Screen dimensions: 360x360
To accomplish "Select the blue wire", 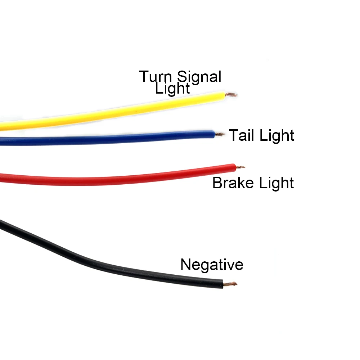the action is pos(108,137).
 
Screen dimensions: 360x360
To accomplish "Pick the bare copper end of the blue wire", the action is pos(220,134).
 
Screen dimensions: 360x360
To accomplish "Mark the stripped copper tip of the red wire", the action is pos(240,167).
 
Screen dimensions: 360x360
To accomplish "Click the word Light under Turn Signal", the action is pos(172,88).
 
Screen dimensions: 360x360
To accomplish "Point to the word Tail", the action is pos(242,135).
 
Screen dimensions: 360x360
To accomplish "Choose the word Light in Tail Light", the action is pos(277,136).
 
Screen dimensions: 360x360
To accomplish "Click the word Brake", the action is pos(233,183).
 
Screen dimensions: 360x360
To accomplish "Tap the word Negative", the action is pos(212,265).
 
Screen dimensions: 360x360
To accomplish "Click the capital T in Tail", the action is pos(234,135).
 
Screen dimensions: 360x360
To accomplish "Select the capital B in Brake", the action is pos(217,183).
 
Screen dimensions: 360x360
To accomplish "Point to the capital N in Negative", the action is pos(185,265).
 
